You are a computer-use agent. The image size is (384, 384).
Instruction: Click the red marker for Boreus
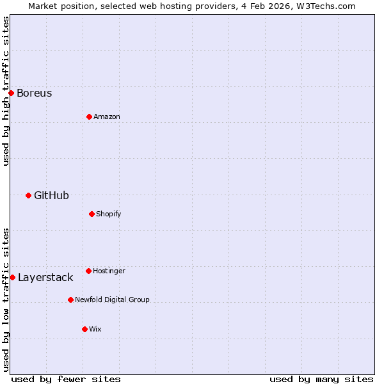pos(11,93)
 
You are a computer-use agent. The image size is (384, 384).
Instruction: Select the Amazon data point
pos(89,116)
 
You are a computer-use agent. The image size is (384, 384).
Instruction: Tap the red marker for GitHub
pos(28,195)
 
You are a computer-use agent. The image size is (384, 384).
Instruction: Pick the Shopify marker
pos(92,214)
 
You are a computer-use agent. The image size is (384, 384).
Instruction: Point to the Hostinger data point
pos(88,271)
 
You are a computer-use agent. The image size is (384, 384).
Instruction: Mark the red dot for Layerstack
pos(12,277)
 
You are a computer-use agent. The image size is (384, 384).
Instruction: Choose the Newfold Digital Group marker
pos(70,300)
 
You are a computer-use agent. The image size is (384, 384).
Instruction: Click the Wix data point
pos(84,329)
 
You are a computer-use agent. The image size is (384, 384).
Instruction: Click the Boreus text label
pos(35,93)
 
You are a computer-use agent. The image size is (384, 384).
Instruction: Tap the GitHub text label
pos(51,195)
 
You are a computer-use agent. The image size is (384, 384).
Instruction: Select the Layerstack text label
pos(45,277)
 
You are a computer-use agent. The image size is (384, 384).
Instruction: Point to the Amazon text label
pos(107,116)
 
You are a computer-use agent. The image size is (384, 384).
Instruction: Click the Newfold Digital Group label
pos(112,300)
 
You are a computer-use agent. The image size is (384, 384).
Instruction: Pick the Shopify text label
pos(109,214)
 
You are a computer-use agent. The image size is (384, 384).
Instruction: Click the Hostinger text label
pos(109,271)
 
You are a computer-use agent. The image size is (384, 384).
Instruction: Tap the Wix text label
pos(95,329)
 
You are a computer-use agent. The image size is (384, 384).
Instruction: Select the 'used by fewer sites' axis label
pos(66,379)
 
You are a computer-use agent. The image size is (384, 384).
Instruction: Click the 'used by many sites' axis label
pos(321,379)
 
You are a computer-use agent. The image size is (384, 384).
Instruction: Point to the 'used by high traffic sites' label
pos(6,91)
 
